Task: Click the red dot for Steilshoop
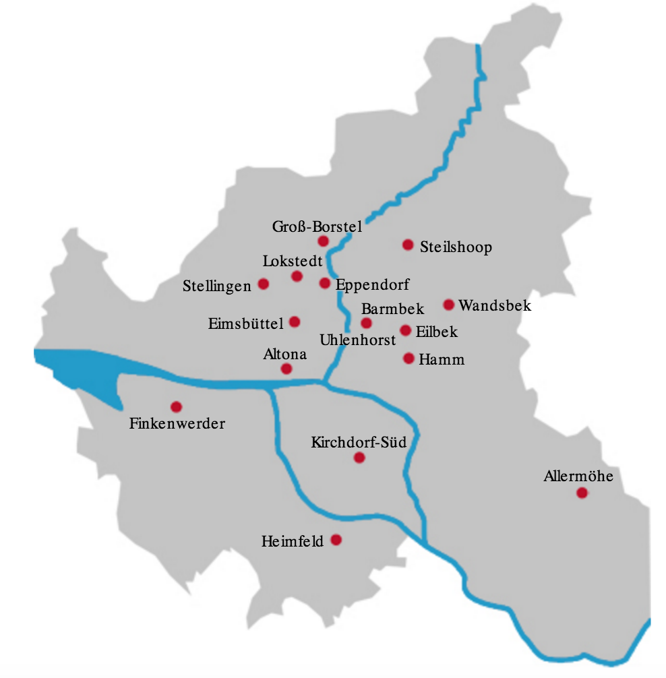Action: pyautogui.click(x=407, y=245)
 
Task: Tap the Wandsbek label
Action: pyautogui.click(x=495, y=306)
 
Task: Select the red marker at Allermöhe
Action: pyautogui.click(x=582, y=493)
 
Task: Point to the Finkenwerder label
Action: pyautogui.click(x=177, y=424)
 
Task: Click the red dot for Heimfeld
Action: pyautogui.click(x=336, y=540)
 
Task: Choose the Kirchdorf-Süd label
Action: pyautogui.click(x=359, y=443)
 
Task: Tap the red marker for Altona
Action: pyautogui.click(x=286, y=369)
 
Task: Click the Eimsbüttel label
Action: pyautogui.click(x=246, y=324)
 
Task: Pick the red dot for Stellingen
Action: pyautogui.click(x=264, y=284)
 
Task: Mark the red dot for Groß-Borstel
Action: pyautogui.click(x=323, y=241)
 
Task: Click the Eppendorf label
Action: pyautogui.click(x=372, y=284)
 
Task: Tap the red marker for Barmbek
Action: pyautogui.click(x=367, y=323)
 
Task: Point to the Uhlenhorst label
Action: pyautogui.click(x=358, y=340)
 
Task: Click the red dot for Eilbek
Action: pyautogui.click(x=405, y=330)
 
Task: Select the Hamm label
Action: pyautogui.click(x=442, y=359)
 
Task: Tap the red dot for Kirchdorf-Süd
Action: pyautogui.click(x=359, y=458)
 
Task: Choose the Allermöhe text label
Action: pyautogui.click(x=578, y=476)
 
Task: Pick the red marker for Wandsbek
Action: pyautogui.click(x=449, y=305)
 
